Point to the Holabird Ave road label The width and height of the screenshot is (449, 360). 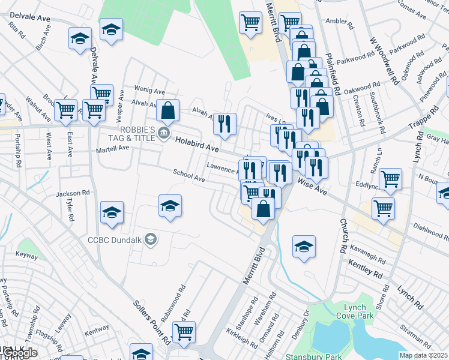(196, 143)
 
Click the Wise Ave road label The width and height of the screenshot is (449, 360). (312, 185)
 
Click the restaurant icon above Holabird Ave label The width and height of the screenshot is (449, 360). (224, 124)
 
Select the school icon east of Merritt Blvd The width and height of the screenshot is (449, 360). (304, 246)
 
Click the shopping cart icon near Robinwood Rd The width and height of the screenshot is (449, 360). (184, 331)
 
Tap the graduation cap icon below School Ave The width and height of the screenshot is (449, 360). (170, 206)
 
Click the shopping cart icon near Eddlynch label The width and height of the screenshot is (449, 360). (390, 178)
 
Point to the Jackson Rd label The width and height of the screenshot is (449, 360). (73, 194)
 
